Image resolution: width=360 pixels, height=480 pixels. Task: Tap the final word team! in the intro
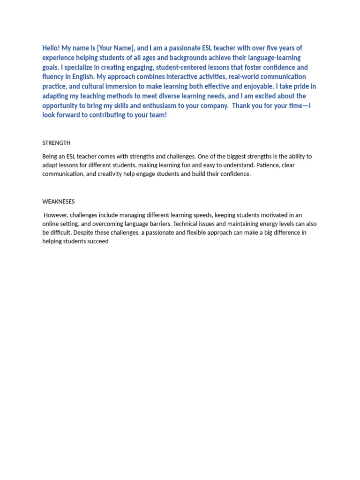coord(158,115)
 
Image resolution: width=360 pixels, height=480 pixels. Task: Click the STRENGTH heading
coord(56,143)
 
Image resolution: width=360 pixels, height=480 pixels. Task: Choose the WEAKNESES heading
coord(58,202)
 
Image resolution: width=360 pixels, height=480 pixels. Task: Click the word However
coord(56,215)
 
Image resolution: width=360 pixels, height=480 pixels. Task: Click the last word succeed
coord(97,241)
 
